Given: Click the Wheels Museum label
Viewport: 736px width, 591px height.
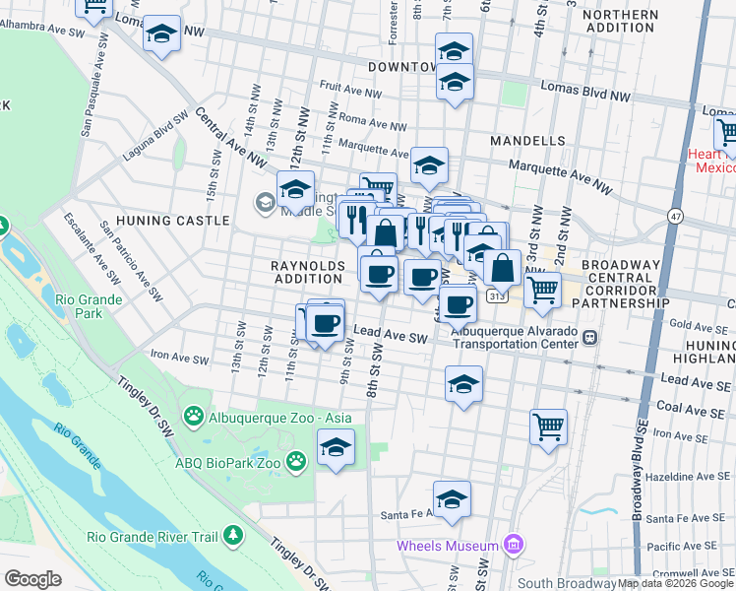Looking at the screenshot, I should (x=448, y=546).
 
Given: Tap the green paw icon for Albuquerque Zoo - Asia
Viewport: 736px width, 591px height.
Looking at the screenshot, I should (x=194, y=418).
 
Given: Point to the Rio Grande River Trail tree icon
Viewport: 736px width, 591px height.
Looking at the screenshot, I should (x=233, y=536).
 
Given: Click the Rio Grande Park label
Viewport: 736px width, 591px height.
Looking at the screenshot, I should (x=90, y=306).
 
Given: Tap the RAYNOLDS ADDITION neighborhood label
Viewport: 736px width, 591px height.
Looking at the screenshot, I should (x=308, y=273).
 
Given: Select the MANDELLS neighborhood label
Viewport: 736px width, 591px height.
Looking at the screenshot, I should (x=527, y=142).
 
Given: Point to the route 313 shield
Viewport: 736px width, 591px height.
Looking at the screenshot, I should (x=500, y=295).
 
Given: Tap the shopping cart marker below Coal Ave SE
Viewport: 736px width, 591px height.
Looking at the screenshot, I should (x=548, y=427).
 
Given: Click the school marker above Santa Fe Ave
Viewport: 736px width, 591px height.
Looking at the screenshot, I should (x=452, y=497).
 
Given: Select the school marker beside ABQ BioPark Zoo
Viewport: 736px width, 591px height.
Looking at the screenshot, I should (x=336, y=447).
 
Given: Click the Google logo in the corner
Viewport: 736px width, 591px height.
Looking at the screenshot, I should (x=31, y=579).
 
